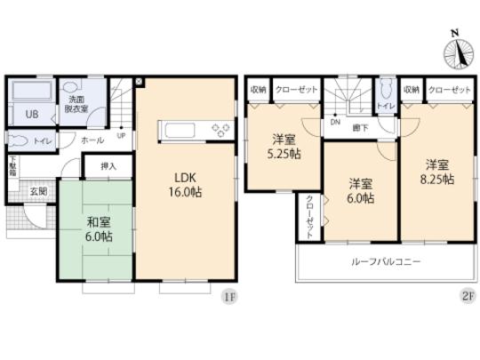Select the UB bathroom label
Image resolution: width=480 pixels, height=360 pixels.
pos(31,116)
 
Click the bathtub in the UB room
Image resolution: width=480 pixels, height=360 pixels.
pos(34,92)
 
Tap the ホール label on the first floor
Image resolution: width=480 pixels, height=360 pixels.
pos(91,140)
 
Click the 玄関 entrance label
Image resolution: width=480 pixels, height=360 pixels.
pos(38,191)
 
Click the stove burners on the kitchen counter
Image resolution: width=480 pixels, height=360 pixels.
pos(218,133)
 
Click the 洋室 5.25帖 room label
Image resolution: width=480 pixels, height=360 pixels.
pos(284,146)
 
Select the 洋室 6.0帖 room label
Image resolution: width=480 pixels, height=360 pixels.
pos(359,190)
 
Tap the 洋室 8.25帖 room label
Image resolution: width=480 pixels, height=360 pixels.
pos(436,172)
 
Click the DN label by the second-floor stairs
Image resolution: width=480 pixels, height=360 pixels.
pos(334,122)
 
